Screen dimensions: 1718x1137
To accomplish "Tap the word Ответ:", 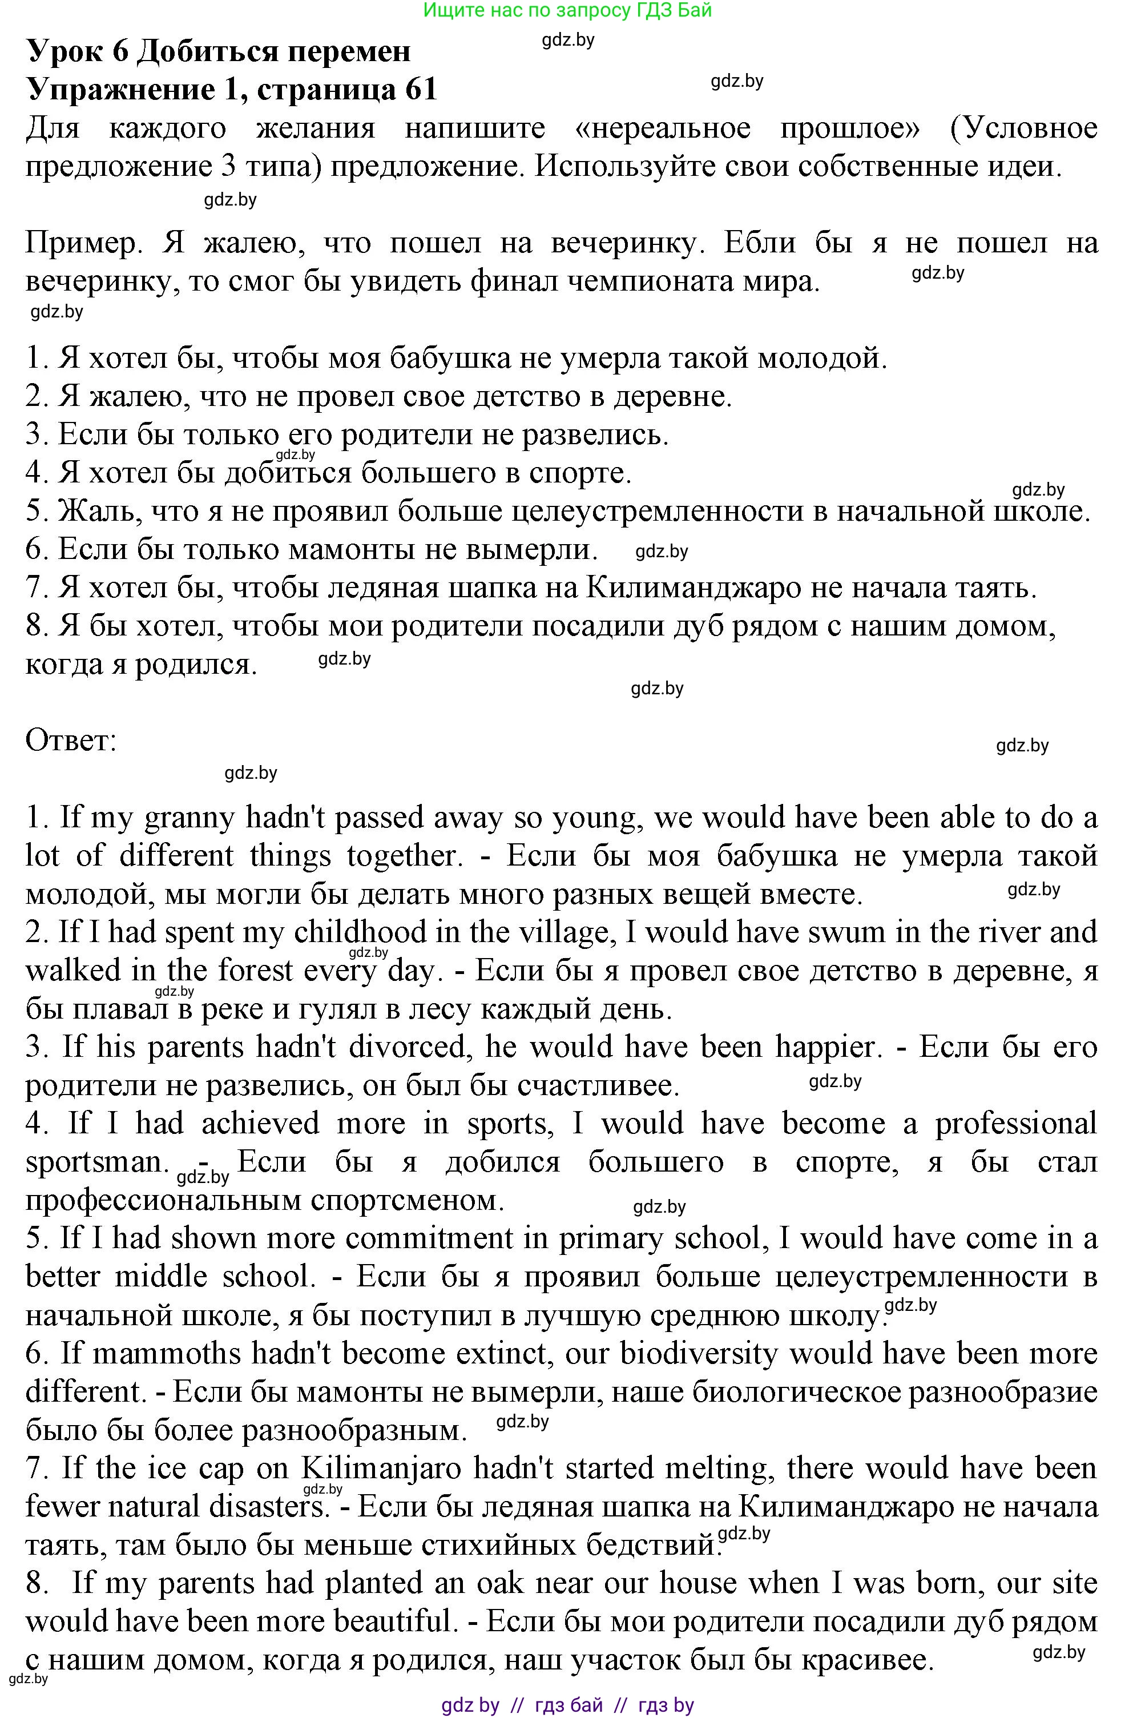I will point(71,741).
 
